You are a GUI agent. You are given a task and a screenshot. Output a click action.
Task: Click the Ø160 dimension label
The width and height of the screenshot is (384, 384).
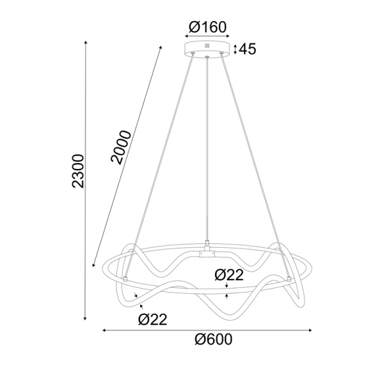207,27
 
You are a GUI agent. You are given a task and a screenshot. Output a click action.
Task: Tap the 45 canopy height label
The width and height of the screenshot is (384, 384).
247,49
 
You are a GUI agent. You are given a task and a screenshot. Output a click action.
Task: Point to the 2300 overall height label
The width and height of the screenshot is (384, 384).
78,171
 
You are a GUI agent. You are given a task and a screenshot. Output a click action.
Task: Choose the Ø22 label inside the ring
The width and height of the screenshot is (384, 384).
228,275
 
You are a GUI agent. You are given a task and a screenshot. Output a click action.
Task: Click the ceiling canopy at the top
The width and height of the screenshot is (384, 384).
207,49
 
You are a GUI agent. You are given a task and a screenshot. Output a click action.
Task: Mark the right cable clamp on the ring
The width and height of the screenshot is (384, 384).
289,278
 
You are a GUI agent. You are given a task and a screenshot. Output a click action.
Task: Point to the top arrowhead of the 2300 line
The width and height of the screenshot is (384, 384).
86,44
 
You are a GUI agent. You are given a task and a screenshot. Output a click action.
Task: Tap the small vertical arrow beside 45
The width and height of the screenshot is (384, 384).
235,49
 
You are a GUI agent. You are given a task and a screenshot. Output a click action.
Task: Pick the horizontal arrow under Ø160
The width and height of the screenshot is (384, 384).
207,37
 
